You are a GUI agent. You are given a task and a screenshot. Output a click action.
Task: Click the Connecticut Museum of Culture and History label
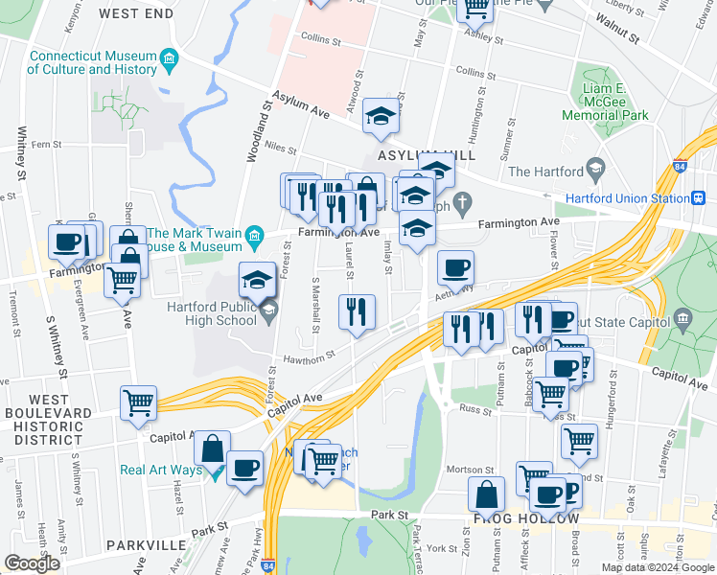pos(92,62)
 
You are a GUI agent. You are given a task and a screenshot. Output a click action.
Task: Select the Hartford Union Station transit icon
pos(699,198)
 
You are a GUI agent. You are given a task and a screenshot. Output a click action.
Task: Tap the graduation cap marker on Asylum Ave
pos(381,116)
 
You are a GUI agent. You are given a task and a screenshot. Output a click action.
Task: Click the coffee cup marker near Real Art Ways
pos(246,469)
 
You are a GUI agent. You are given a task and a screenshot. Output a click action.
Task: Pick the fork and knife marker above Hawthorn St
pos(357,311)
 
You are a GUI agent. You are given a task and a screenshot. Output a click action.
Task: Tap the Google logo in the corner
pos(32,563)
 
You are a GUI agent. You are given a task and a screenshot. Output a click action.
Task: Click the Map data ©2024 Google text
pos(658,566)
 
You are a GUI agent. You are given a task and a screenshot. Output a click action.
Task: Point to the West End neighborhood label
pos(136,14)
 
